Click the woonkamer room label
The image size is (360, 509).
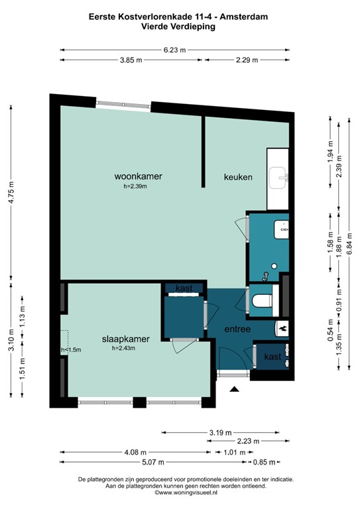coord(138,176)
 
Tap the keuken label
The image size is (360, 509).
coord(238,177)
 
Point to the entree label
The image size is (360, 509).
coord(237,329)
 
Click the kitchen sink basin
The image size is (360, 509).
coord(278,178)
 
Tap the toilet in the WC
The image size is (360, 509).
coord(263,301)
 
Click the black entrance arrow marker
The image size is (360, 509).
coord(235,389)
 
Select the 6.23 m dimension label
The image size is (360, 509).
coord(174,50)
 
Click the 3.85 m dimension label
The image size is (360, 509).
coord(131,60)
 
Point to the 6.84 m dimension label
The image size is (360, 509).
coord(349,244)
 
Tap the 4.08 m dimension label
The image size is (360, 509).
coord(135,452)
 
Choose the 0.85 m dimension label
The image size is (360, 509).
coord(265,462)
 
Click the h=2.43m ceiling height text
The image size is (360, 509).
coord(123,349)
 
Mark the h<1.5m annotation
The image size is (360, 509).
coord(71,350)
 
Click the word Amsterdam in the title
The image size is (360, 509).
coord(244,17)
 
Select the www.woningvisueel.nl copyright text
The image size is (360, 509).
coord(186,492)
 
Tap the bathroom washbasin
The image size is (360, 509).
coord(281,229)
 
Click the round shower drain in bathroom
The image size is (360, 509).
coord(274,266)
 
